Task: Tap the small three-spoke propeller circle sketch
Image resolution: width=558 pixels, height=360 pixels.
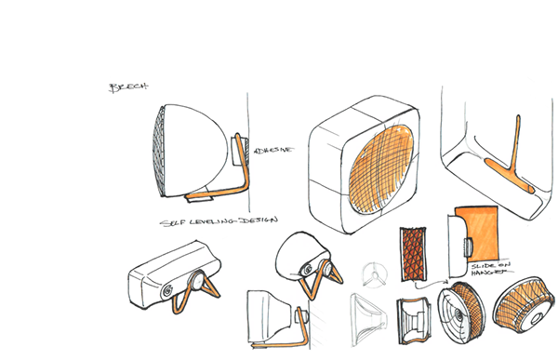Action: (x=371, y=274)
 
